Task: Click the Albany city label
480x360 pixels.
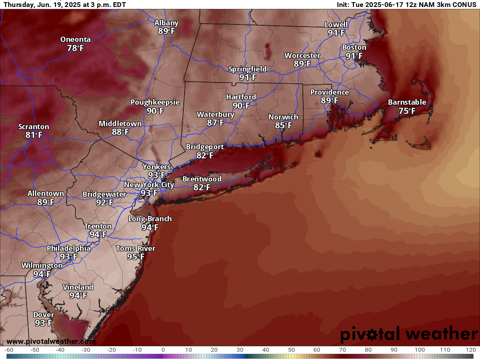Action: pyautogui.click(x=166, y=23)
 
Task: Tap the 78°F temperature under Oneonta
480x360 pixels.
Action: pyautogui.click(x=75, y=48)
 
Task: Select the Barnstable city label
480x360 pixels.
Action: pyautogui.click(x=407, y=103)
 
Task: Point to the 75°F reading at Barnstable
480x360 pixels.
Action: pyautogui.click(x=407, y=111)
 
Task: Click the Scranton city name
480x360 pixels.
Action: pyautogui.click(x=34, y=127)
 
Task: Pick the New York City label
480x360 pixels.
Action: pyautogui.click(x=149, y=185)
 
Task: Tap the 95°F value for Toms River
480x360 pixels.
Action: pyautogui.click(x=136, y=257)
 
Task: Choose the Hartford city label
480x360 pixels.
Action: pyautogui.click(x=241, y=97)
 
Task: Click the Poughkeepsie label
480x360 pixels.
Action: pyautogui.click(x=155, y=103)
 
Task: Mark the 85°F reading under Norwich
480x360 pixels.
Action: pyautogui.click(x=283, y=125)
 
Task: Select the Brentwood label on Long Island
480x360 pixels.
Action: pyautogui.click(x=202, y=179)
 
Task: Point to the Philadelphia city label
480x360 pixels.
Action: pyautogui.click(x=69, y=248)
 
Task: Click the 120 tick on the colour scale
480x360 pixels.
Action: pyautogui.click(x=470, y=350)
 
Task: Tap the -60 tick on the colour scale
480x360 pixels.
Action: pyautogui.click(x=9, y=350)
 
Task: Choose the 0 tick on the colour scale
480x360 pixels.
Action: pyautogui.click(x=163, y=350)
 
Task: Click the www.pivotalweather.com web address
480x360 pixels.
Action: pyautogui.click(x=51, y=341)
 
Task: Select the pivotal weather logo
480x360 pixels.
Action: pyautogui.click(x=409, y=334)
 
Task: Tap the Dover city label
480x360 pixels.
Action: pyautogui.click(x=44, y=315)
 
